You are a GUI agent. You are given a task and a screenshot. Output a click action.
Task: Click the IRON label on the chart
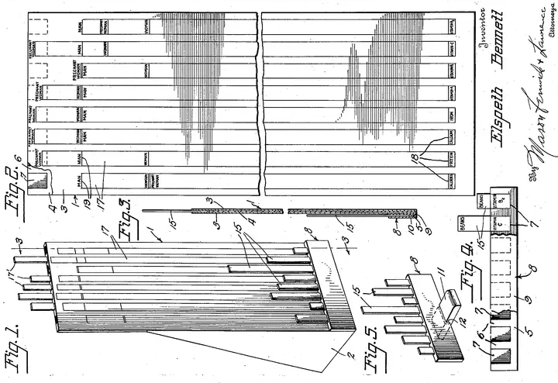pyautogui.click(x=449, y=111)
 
